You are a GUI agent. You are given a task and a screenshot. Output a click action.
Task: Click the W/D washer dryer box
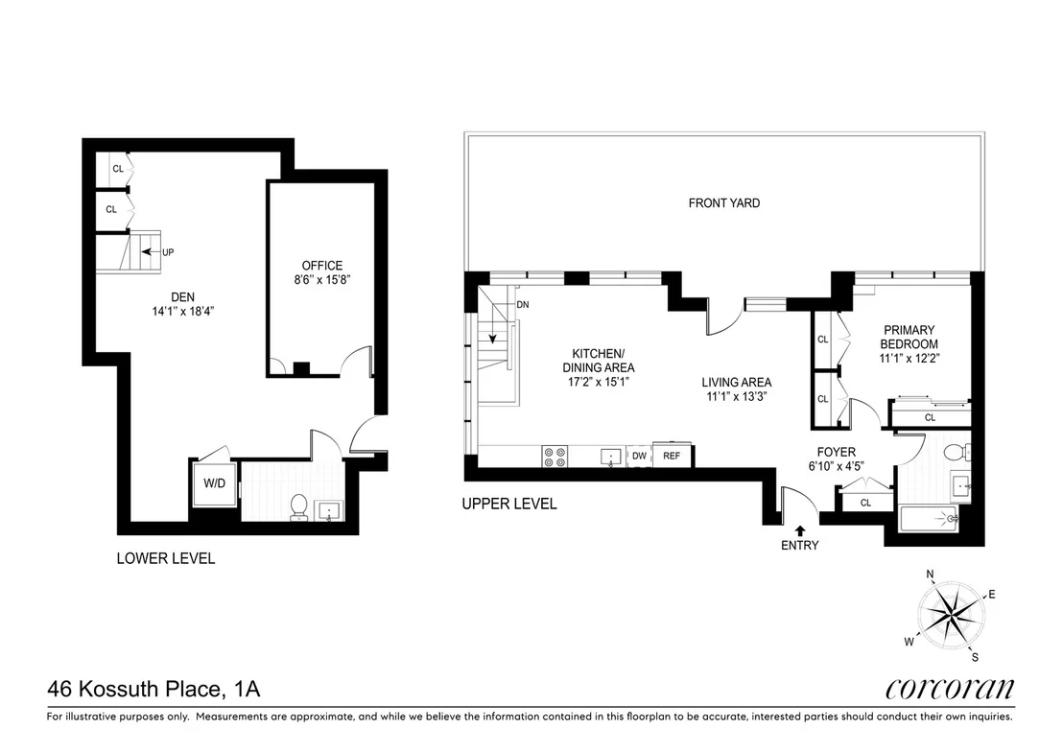(x=214, y=484)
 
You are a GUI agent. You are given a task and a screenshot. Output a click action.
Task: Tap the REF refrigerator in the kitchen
(x=672, y=456)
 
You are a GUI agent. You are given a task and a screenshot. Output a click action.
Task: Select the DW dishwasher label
(x=639, y=457)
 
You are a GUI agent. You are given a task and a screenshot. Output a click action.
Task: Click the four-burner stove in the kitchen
(x=555, y=456)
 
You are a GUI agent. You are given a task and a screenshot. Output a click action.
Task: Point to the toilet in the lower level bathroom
(x=299, y=507)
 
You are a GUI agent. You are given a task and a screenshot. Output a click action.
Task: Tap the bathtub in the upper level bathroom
(x=929, y=519)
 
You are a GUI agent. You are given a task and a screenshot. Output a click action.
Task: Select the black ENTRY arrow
(x=800, y=530)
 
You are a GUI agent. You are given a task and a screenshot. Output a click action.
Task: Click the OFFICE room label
(x=322, y=266)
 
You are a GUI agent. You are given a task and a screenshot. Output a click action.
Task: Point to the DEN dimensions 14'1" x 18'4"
(x=183, y=312)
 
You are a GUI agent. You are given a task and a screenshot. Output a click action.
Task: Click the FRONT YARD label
(x=724, y=202)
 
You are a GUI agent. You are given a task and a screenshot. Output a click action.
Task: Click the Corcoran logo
(x=950, y=689)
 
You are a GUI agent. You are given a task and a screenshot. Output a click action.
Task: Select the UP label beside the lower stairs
(x=168, y=252)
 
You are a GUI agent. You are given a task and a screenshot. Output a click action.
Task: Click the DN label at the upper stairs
(x=523, y=305)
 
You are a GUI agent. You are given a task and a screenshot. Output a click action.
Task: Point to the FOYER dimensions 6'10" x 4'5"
(x=836, y=466)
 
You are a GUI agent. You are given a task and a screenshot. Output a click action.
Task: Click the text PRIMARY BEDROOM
(x=909, y=337)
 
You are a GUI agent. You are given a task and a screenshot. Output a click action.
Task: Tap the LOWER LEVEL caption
(x=166, y=559)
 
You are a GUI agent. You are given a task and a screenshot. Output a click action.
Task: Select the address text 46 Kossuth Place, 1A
(x=154, y=689)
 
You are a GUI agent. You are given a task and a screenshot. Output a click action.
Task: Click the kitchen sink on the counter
(x=611, y=457)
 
